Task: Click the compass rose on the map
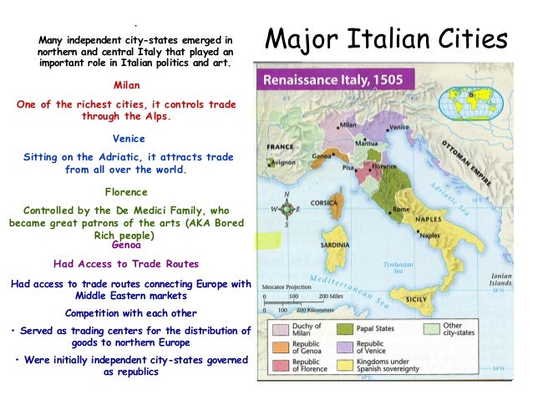click(287, 209)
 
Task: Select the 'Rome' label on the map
click(401, 209)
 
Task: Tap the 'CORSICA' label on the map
click(334, 203)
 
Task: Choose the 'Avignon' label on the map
click(283, 163)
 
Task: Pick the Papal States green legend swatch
click(345, 330)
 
